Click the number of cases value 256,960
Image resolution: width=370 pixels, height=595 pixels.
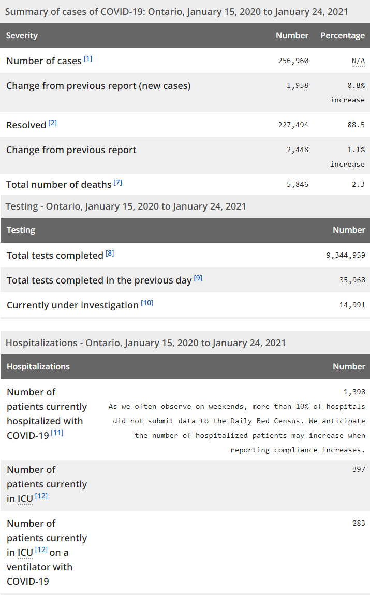pyautogui.click(x=293, y=61)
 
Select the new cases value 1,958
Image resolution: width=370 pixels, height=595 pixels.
pyautogui.click(x=297, y=85)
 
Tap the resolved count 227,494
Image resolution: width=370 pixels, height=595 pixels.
pyautogui.click(x=293, y=125)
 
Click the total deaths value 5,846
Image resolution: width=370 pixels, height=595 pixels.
pyautogui.click(x=297, y=184)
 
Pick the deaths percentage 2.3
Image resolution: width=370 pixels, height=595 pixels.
pyautogui.click(x=358, y=184)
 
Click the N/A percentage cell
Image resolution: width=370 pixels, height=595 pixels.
pyautogui.click(x=358, y=61)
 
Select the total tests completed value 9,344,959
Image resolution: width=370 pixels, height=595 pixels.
pyautogui.click(x=346, y=255)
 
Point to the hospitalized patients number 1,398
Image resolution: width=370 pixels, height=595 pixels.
pyautogui.click(x=354, y=392)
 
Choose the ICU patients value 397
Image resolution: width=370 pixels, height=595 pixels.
pyautogui.click(x=359, y=469)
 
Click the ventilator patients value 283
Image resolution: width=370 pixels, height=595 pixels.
pyautogui.click(x=359, y=523)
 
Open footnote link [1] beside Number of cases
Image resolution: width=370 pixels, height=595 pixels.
pyautogui.click(x=88, y=58)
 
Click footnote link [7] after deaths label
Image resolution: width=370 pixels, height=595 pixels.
pyautogui.click(x=118, y=182)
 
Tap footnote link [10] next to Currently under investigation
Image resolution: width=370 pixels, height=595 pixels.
pyautogui.click(x=147, y=303)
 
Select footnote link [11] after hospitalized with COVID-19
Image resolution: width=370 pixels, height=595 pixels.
pyautogui.click(x=57, y=433)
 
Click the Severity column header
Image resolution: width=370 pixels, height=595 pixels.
pyautogui.click(x=22, y=35)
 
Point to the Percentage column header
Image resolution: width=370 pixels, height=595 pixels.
pyautogui.click(x=343, y=35)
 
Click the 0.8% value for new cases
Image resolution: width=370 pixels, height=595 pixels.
pyautogui.click(x=356, y=85)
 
